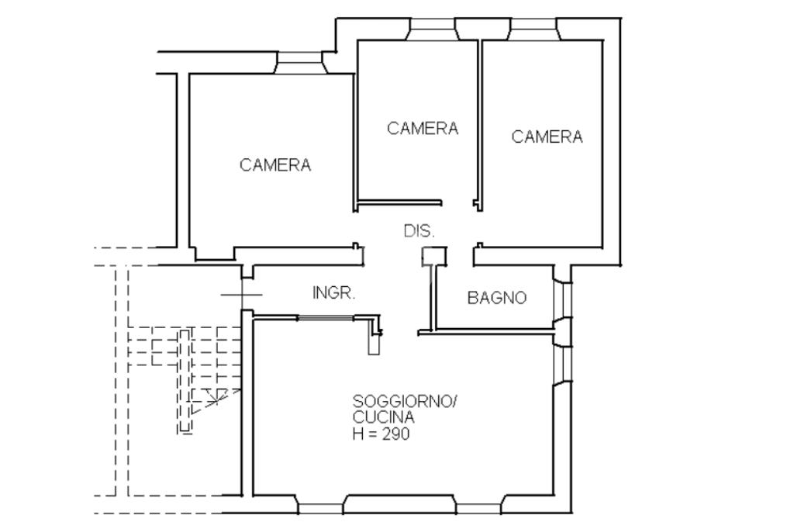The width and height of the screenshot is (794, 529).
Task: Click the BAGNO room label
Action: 497,297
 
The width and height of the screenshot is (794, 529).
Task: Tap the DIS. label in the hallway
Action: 419,231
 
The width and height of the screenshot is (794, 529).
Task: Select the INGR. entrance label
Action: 333,293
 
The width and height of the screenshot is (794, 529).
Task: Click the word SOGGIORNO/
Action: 406,402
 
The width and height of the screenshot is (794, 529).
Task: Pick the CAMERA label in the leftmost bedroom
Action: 275,165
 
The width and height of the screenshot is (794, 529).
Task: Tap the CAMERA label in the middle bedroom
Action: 423,128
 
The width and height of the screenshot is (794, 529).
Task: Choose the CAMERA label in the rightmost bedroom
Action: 547,137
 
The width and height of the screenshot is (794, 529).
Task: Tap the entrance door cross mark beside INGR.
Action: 242,294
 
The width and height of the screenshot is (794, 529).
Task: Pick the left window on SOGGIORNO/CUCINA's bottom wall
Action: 321,507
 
